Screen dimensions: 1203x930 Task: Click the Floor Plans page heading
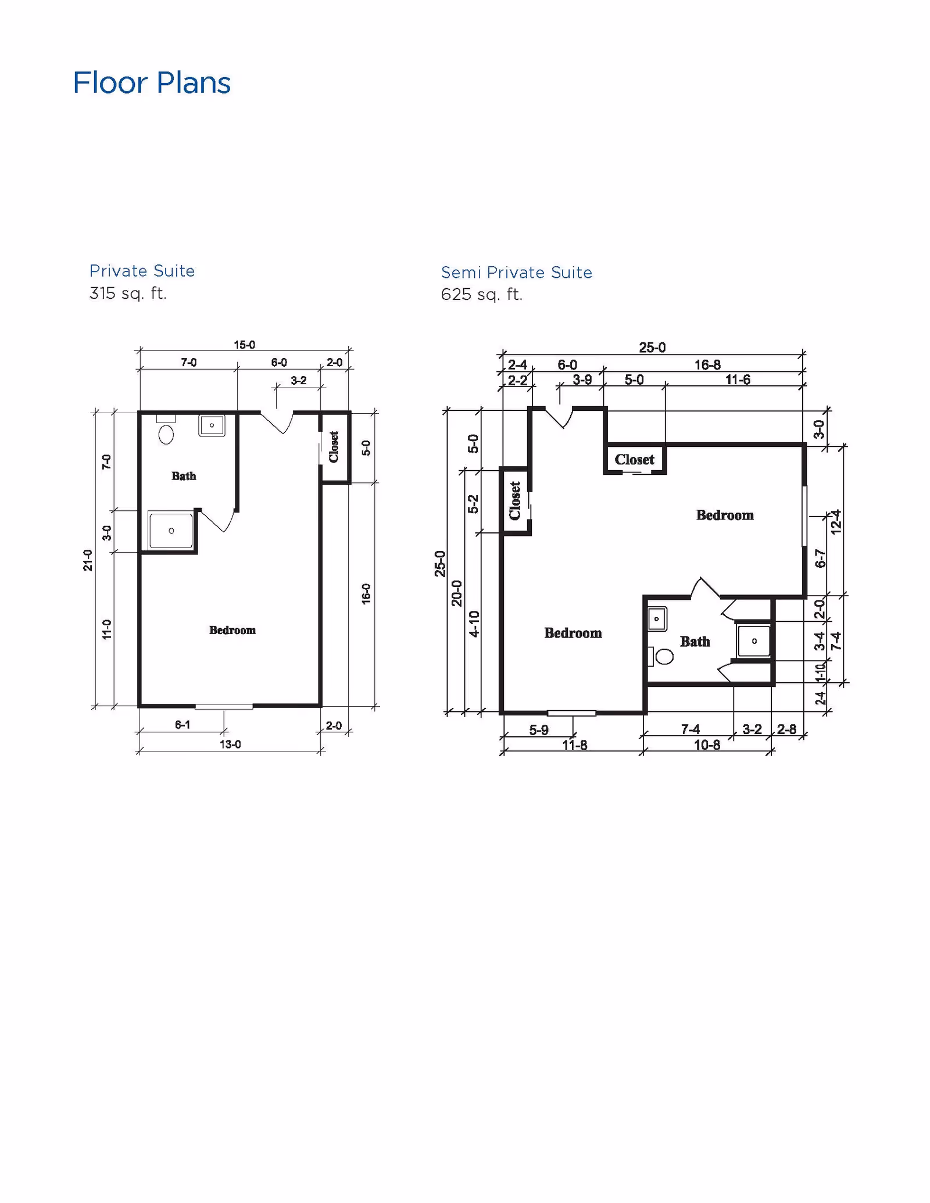coord(152,83)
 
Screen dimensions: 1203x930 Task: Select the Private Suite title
coord(142,271)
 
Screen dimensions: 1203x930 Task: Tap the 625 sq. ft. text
coord(481,295)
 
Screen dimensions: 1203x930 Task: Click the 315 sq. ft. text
coord(128,293)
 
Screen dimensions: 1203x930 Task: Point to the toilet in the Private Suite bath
coord(166,434)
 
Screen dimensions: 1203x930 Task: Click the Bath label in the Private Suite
coord(184,476)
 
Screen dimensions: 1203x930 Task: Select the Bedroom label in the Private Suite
coord(232,630)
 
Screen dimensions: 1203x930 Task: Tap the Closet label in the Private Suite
coord(334,446)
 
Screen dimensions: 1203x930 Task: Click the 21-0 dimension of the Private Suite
coord(88,560)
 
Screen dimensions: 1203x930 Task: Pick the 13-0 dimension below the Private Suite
coord(230,744)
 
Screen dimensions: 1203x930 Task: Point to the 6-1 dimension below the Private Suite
coord(183,725)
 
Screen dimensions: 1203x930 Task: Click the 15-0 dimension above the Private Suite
coord(244,345)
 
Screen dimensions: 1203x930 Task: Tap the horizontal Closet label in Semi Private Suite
coord(634,460)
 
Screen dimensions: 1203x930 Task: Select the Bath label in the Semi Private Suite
coord(695,642)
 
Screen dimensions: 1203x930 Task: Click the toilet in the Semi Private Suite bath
coord(663,657)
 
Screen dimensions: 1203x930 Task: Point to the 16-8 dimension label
coord(707,365)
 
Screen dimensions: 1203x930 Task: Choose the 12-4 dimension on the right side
coord(836,521)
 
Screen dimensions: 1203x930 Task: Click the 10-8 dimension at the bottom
coord(707,745)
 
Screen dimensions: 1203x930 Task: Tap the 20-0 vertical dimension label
coord(457,593)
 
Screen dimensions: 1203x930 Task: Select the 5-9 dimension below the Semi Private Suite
coord(538,730)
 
